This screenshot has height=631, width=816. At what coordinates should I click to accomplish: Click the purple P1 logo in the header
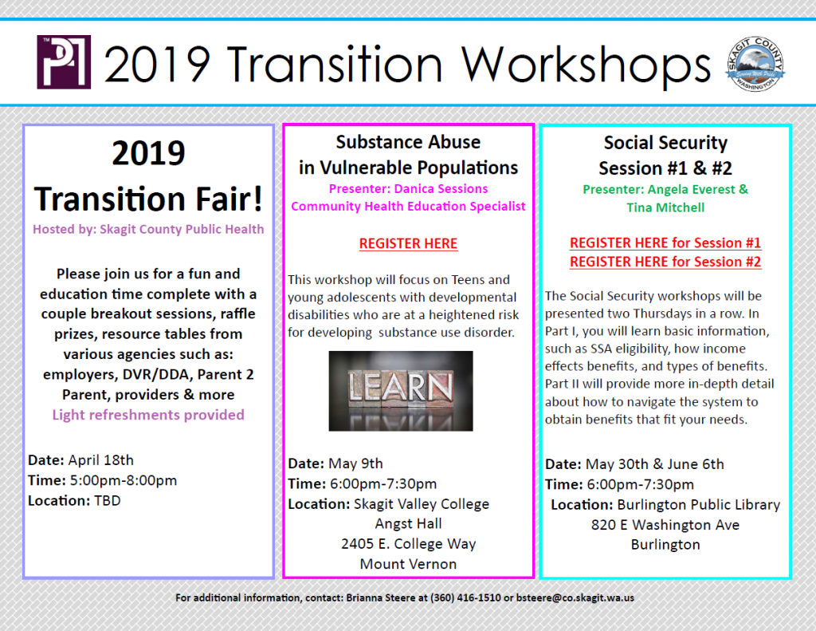click(x=64, y=62)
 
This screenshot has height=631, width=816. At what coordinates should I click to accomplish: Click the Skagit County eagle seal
click(x=755, y=64)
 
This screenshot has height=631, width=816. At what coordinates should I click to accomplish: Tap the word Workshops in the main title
click(x=586, y=65)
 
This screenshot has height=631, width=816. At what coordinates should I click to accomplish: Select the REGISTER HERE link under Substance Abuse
click(x=408, y=243)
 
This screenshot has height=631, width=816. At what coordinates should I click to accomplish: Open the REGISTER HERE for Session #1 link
click(x=665, y=243)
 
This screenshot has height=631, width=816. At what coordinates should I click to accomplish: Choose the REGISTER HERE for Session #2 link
click(x=665, y=262)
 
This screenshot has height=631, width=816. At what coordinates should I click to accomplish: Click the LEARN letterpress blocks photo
click(x=401, y=391)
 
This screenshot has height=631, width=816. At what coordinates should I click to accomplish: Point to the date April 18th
click(x=101, y=460)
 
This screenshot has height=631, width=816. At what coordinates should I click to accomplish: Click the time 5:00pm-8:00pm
click(x=124, y=480)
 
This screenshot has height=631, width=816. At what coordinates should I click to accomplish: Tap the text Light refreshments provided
click(x=148, y=415)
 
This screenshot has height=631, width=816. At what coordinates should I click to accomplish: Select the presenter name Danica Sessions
click(x=441, y=188)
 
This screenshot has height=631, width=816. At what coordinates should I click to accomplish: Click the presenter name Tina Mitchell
click(x=665, y=207)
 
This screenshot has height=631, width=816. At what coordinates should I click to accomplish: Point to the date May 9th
click(x=355, y=463)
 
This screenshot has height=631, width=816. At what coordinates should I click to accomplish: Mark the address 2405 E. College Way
click(x=409, y=544)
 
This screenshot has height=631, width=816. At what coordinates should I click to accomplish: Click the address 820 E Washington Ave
click(x=665, y=525)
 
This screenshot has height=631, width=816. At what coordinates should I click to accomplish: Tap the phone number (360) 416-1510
click(x=465, y=597)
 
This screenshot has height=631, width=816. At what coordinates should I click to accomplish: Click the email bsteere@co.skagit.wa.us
click(x=575, y=597)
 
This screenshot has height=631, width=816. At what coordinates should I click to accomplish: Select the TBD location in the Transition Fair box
click(x=108, y=501)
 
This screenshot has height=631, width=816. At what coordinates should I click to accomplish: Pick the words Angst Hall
click(x=409, y=523)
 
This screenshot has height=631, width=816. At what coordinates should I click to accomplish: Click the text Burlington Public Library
click(x=699, y=505)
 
